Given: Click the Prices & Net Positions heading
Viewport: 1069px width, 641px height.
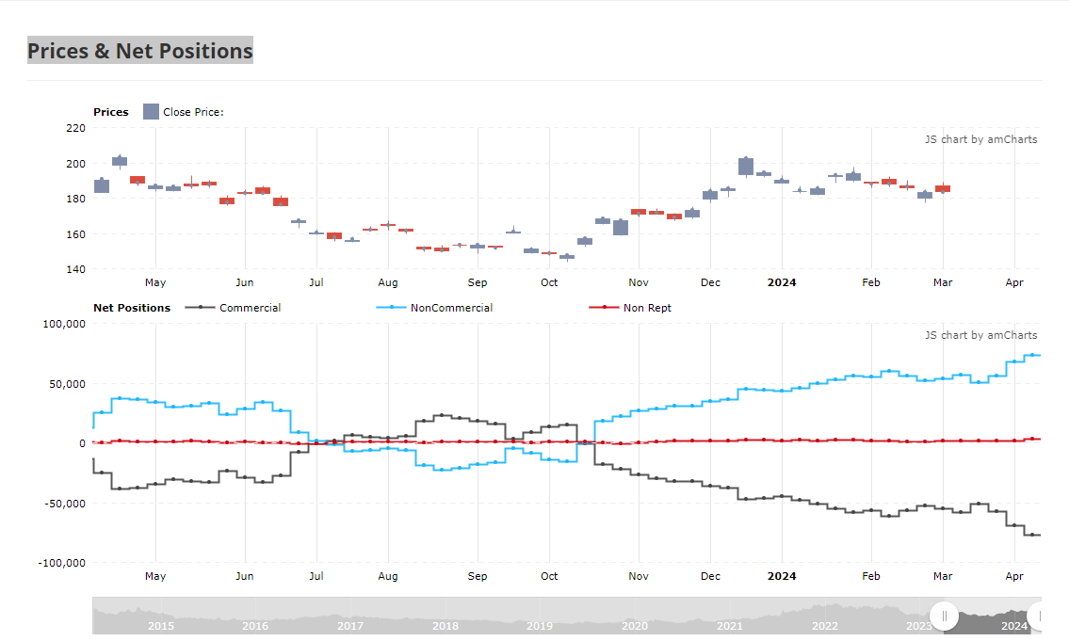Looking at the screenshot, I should click(x=139, y=51).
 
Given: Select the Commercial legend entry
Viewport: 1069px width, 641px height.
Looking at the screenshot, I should click(x=250, y=308).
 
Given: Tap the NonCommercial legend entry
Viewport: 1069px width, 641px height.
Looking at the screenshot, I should click(x=450, y=308).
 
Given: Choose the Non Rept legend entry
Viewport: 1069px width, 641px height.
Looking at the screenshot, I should click(x=646, y=308).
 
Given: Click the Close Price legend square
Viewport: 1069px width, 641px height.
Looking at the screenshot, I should click(x=151, y=112).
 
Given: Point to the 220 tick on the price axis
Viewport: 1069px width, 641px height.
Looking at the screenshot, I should click(x=75, y=128).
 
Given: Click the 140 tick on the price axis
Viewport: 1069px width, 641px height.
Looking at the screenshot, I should click(x=75, y=269).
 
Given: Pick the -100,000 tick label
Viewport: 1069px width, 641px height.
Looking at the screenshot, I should click(x=63, y=563).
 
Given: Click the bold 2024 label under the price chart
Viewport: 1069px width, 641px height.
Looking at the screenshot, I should click(x=782, y=282).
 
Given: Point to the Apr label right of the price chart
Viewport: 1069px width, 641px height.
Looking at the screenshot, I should click(x=1014, y=282).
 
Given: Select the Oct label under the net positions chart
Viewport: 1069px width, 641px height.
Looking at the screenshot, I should click(x=549, y=576).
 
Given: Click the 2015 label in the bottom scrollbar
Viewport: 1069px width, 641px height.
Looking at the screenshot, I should click(x=160, y=626).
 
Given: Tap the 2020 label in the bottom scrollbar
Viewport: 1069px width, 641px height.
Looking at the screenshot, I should click(x=635, y=626).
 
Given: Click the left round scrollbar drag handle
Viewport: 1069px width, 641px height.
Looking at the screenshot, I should click(x=945, y=617).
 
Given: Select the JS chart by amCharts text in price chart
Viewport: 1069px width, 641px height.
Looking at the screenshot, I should click(x=980, y=139).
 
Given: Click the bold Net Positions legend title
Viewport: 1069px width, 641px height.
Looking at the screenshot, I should click(x=132, y=308).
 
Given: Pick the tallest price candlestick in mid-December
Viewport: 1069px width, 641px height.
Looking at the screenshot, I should click(x=746, y=167).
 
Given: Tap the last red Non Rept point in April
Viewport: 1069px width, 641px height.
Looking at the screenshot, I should click(x=1032, y=439).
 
